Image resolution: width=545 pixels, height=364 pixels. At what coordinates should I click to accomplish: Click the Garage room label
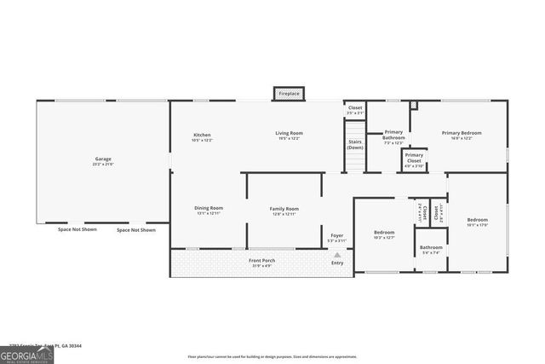[x=103, y=159]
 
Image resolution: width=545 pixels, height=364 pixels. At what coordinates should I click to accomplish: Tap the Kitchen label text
[x=202, y=134]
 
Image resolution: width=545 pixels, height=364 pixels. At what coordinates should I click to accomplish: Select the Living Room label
[x=289, y=133]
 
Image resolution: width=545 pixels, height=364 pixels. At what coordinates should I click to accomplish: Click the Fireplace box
[x=289, y=93]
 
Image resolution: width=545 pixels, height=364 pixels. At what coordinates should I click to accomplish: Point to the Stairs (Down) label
[x=354, y=145]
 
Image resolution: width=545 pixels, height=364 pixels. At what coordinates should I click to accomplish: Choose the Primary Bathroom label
[x=393, y=135]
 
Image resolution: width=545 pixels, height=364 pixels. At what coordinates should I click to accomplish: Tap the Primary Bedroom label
[x=462, y=133]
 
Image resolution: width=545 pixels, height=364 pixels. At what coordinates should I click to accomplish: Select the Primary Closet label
[x=414, y=158]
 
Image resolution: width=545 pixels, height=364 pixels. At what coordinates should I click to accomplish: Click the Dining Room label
[x=209, y=208]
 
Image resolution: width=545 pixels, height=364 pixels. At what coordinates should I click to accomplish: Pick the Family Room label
[x=284, y=208]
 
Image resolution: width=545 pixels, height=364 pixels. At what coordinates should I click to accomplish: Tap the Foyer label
[x=337, y=235]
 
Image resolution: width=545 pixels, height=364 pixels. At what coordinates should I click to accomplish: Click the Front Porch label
[x=261, y=260]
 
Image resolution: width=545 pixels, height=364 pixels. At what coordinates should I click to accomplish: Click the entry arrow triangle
[x=337, y=254]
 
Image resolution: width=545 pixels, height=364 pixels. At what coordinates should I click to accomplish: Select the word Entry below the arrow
[x=337, y=263]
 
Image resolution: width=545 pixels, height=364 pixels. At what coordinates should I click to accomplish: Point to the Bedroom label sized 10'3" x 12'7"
[x=384, y=232]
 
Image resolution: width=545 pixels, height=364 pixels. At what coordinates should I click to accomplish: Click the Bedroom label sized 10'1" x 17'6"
[x=477, y=220]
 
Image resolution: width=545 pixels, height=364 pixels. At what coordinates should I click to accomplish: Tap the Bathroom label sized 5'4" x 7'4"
[x=431, y=247]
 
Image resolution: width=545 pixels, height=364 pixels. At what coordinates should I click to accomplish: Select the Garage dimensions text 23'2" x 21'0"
[x=103, y=165]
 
